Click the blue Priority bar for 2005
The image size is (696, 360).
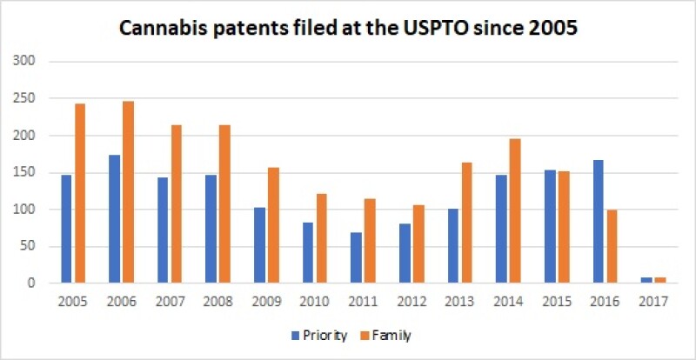coord(67,229)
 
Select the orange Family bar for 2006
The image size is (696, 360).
coord(128,192)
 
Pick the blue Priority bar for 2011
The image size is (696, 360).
coord(355,257)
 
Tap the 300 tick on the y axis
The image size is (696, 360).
coord(25,62)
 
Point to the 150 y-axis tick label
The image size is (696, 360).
coord(25,172)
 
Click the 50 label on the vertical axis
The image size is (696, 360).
coord(29,246)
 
